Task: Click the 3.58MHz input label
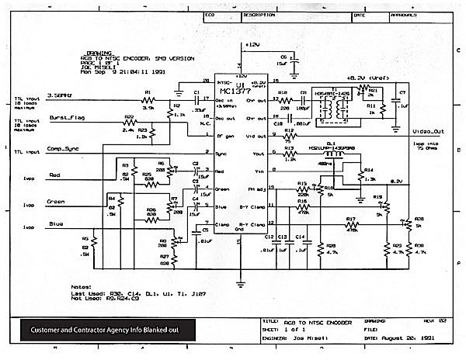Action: pyautogui.click(x=61, y=95)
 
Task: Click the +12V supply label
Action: pyautogui.click(x=252, y=46)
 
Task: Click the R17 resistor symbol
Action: pyautogui.click(x=350, y=224)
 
